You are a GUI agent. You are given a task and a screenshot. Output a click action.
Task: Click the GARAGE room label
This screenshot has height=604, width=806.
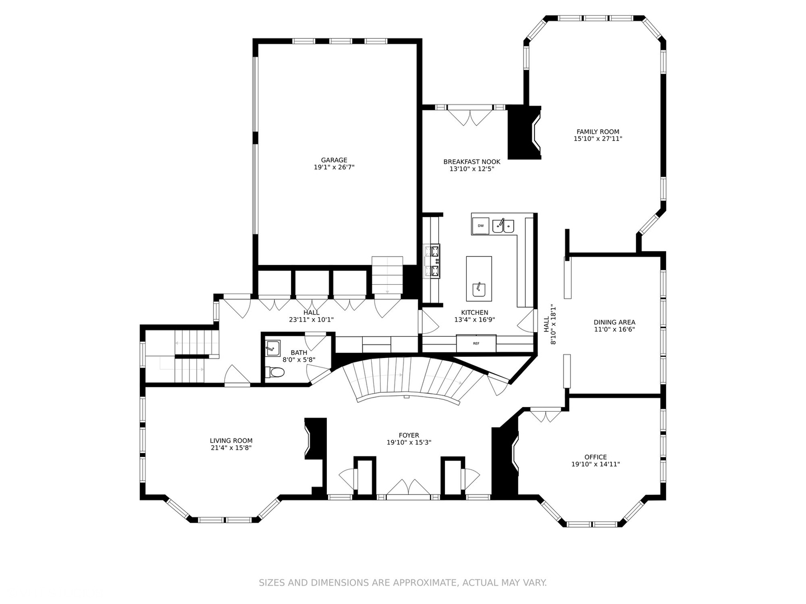[334, 161]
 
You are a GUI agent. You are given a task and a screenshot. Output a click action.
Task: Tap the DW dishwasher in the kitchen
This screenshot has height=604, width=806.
[480, 226]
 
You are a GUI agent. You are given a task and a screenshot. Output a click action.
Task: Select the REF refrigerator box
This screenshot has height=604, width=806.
[476, 343]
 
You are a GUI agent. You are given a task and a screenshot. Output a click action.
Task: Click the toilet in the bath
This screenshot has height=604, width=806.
[275, 372]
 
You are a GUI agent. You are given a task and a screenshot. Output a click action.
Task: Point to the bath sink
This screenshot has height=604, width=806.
[273, 348]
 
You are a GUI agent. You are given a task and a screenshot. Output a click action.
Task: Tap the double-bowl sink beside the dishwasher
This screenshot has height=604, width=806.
[503, 225]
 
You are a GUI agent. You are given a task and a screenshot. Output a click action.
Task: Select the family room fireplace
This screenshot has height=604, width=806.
[524, 133]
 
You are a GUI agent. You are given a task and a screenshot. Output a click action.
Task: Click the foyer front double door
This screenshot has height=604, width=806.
[409, 487]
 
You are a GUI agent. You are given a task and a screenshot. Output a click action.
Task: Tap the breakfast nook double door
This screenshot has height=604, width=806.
[470, 116]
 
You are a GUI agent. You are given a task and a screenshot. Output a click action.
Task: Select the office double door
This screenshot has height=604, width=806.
[546, 415]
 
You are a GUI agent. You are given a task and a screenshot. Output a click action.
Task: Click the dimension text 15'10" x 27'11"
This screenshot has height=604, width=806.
[598, 139]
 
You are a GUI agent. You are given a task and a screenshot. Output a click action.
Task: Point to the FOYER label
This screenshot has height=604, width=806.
[409, 436]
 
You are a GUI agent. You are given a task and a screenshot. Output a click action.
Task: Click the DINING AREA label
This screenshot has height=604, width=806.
[615, 322]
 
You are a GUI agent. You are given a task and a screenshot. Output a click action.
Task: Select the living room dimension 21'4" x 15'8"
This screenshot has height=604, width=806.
[231, 448]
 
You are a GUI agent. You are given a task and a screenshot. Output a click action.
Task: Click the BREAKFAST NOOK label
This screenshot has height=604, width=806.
[472, 162]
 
